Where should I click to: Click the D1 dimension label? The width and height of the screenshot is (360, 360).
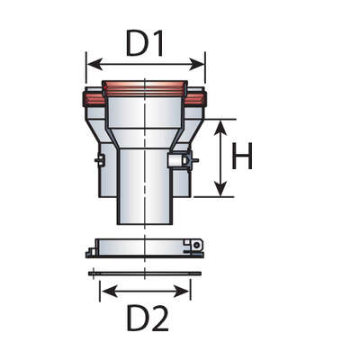pos(145,43)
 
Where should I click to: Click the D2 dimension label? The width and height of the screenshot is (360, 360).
pos(147,318)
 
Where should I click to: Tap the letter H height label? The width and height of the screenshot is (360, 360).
pos(242,156)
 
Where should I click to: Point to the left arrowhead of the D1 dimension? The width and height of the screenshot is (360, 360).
pos(94,65)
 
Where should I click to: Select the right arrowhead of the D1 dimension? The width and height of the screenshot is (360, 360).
pos(197,65)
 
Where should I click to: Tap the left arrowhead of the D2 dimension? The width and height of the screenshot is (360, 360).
pos(109,292)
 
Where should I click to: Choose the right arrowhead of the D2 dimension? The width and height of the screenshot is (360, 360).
pos(182,292)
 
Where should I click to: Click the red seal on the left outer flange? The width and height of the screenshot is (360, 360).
pos(93,99)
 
